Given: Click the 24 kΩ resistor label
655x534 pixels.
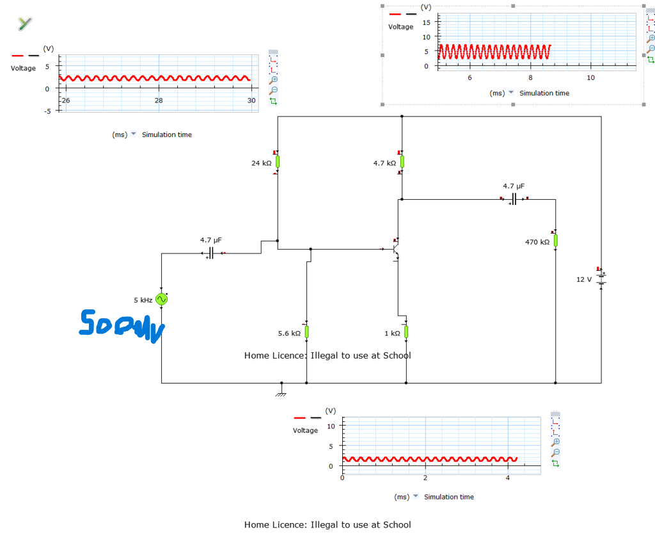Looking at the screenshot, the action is pyautogui.click(x=262, y=163).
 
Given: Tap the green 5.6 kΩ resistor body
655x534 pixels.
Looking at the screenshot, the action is pyautogui.click(x=306, y=332).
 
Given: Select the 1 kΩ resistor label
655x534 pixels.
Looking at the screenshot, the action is pyautogui.click(x=391, y=334).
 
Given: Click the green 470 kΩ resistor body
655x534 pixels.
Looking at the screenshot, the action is pyautogui.click(x=555, y=240).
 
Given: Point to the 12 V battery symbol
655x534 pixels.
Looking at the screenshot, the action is pyautogui.click(x=601, y=279).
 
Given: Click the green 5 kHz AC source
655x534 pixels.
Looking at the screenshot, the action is pyautogui.click(x=162, y=299).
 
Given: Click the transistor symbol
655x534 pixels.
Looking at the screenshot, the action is pyautogui.click(x=397, y=248).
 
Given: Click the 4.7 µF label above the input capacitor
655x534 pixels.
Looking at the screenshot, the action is pyautogui.click(x=211, y=240).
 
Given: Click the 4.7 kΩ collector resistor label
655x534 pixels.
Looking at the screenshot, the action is pyautogui.click(x=385, y=163).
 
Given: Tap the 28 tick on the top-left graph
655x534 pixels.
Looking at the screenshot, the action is pyautogui.click(x=159, y=101).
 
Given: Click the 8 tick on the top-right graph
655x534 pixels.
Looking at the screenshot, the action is pyautogui.click(x=530, y=77).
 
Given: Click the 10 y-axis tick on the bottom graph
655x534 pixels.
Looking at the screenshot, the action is pyautogui.click(x=331, y=425).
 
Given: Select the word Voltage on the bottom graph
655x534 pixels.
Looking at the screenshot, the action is pyautogui.click(x=305, y=430).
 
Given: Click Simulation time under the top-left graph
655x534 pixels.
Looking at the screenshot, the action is pyautogui.click(x=166, y=134).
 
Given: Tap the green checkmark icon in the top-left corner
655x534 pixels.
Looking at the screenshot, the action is pyautogui.click(x=24, y=24).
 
